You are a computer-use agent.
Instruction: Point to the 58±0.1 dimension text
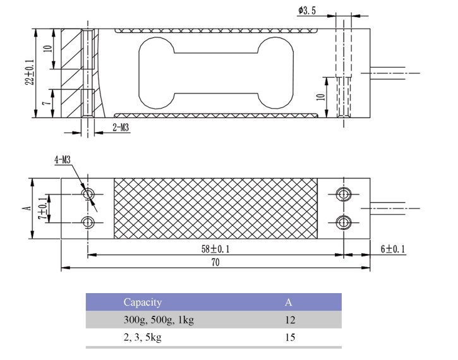tap(215, 249)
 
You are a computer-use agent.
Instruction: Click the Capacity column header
tap(142, 303)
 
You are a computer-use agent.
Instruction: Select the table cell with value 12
tap(290, 320)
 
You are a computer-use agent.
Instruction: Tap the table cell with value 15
tap(290, 337)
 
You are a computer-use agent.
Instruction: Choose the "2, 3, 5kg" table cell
tap(142, 337)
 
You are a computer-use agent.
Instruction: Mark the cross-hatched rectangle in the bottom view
tap(215, 208)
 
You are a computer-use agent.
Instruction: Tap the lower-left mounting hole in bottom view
tap(88, 222)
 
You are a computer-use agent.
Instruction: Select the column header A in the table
tap(289, 303)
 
